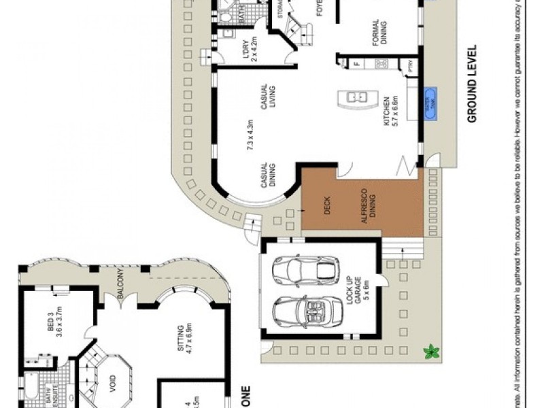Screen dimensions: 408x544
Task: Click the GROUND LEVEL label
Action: click(x=471, y=84)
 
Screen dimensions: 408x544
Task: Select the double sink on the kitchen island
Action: click(x=357, y=97)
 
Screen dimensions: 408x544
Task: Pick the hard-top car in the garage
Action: click(x=304, y=270)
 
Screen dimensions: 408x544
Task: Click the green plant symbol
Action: click(x=430, y=352)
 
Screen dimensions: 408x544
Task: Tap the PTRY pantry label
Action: click(x=411, y=65)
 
